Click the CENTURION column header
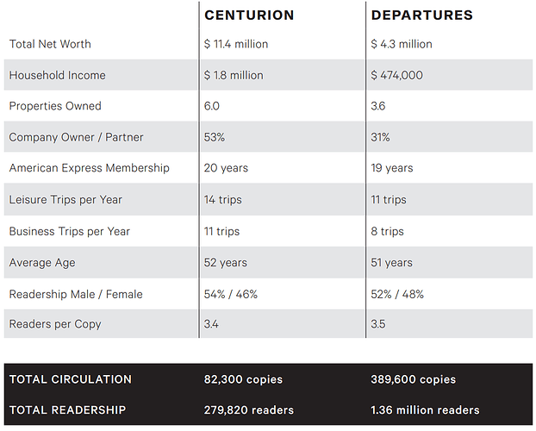click(249, 16)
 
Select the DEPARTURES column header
click(421, 16)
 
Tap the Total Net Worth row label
click(50, 44)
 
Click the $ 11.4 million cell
click(236, 44)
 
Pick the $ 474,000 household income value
click(397, 75)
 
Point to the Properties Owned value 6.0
click(212, 106)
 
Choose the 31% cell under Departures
click(381, 137)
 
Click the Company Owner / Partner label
click(76, 137)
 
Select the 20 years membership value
click(225, 168)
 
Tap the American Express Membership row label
click(89, 168)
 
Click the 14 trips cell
click(223, 200)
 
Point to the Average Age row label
click(42, 262)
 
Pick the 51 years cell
click(392, 262)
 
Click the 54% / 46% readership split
click(231, 294)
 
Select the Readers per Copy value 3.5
click(379, 324)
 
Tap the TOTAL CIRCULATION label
click(71, 379)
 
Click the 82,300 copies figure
click(244, 379)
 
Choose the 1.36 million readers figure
click(425, 410)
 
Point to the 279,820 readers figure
click(249, 410)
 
